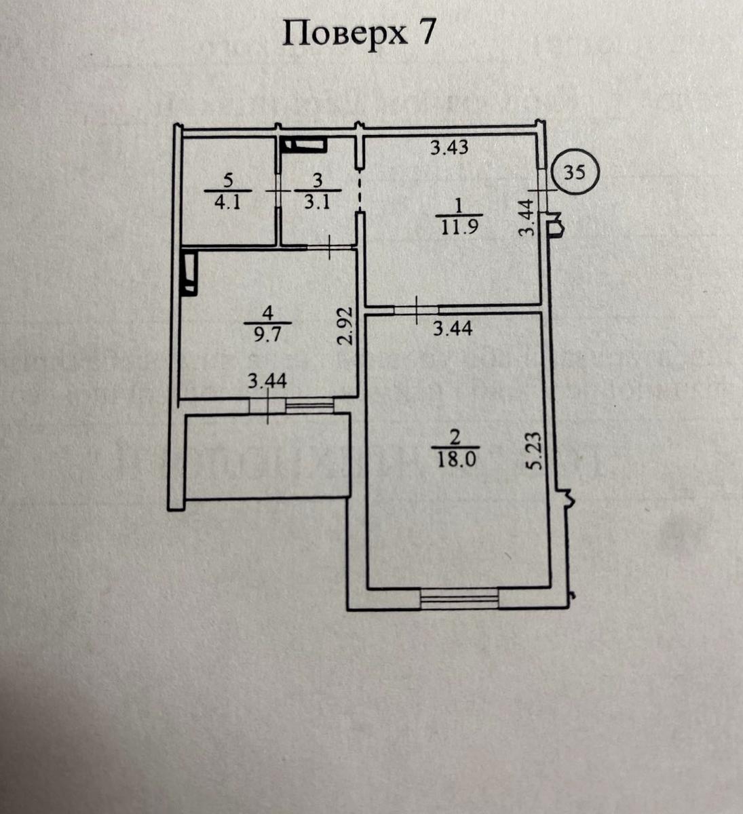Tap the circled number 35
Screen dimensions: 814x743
pos(574,172)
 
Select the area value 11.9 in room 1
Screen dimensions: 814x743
pos(459,227)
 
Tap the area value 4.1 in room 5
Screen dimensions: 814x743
pos(227,202)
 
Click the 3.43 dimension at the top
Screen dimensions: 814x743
pos(449,147)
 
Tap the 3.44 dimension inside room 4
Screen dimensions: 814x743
pos(267,382)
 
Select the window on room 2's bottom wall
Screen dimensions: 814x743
pos(459,598)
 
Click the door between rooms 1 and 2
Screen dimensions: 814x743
pos(415,309)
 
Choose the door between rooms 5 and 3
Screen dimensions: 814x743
pos(278,191)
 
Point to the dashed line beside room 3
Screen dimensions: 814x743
pos(360,191)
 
